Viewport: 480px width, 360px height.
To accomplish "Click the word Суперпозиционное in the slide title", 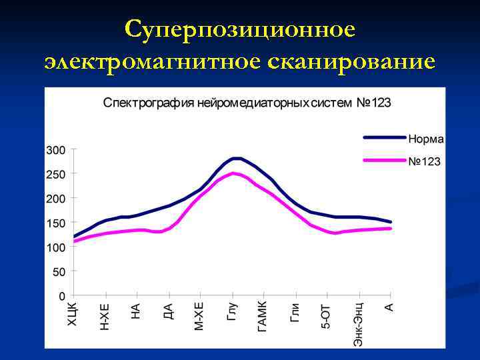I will click(x=240, y=30).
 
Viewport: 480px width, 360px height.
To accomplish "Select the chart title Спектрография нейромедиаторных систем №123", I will click(x=246, y=103).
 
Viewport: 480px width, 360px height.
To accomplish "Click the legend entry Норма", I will click(x=426, y=139).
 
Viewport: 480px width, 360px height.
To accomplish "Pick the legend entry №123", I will click(x=424, y=161).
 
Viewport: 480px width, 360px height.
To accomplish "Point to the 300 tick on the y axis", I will click(x=55, y=150).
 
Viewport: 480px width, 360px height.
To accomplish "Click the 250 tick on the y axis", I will click(x=55, y=174).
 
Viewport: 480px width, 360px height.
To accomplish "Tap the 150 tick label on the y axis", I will click(x=55, y=223).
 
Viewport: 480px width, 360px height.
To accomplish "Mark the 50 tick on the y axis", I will click(x=59, y=271).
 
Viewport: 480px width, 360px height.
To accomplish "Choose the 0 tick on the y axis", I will click(x=62, y=295).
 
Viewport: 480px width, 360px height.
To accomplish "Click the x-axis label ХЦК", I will click(x=73, y=314).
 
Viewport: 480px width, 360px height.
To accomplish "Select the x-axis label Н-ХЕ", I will click(x=105, y=316).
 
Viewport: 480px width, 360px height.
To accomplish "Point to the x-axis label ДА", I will click(x=168, y=311).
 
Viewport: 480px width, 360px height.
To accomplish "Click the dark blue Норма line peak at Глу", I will click(x=235, y=158).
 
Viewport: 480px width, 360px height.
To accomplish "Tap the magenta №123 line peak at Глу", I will click(x=233, y=173).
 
